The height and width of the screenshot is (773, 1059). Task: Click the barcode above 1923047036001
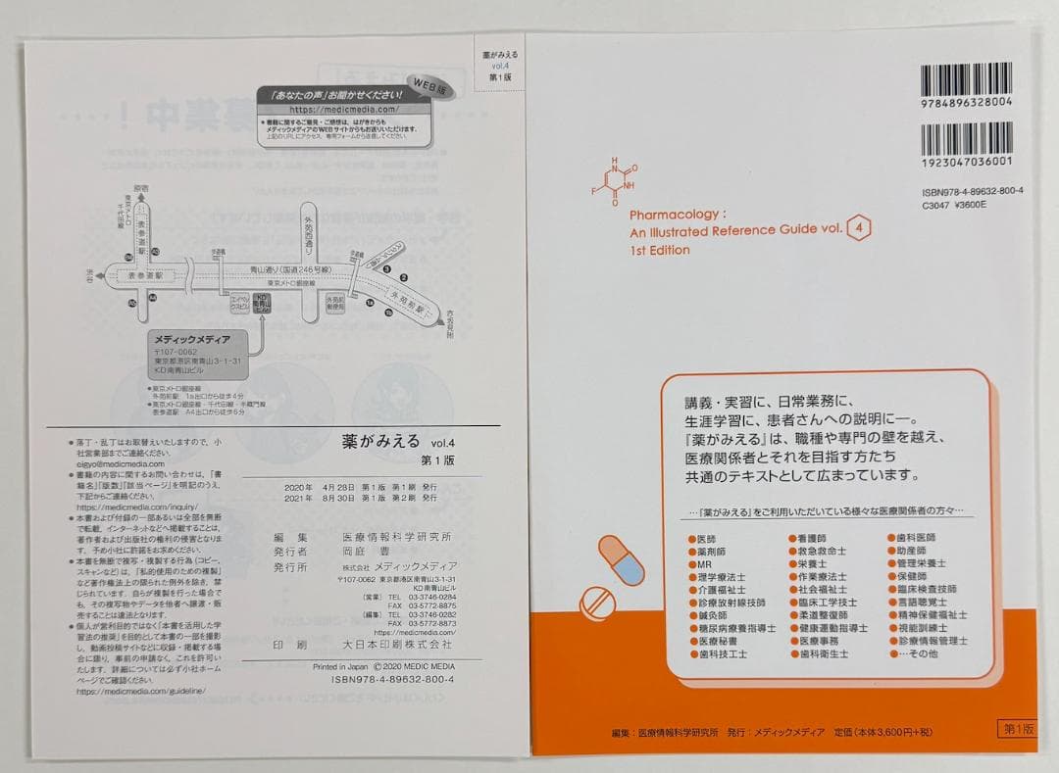[x=967, y=136]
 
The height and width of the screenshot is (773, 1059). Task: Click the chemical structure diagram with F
[x=617, y=178]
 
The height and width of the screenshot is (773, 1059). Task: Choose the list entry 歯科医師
[x=916, y=539]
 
